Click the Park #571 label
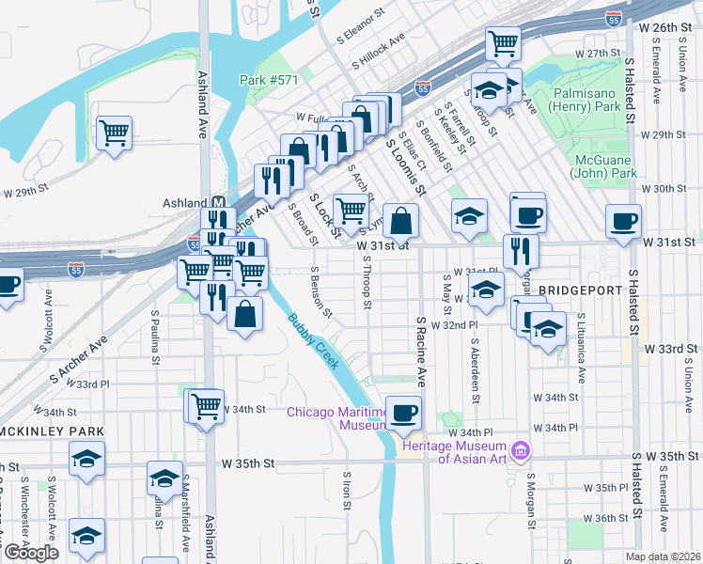[269, 81]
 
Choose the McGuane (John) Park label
[604, 166]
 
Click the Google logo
[30, 553]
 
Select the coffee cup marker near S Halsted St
[624, 222]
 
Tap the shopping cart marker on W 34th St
[206, 406]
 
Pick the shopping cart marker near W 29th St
[114, 133]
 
